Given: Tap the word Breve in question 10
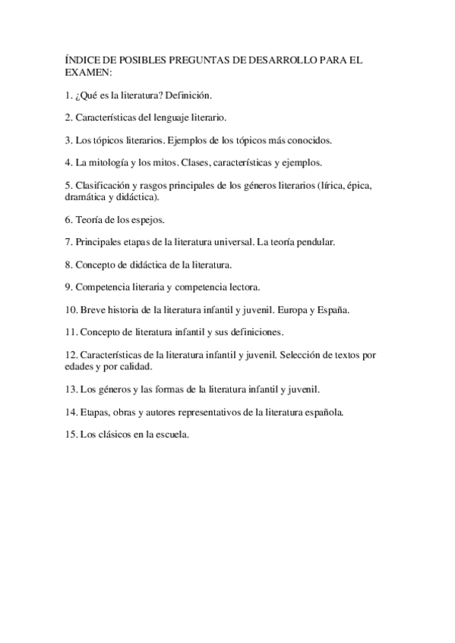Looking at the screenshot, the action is [96, 310].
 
